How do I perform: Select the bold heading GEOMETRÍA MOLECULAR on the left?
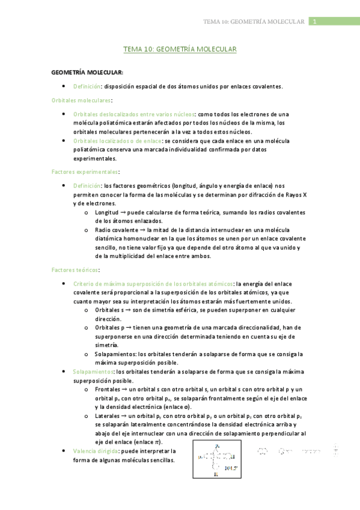87,72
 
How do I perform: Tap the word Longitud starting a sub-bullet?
106,212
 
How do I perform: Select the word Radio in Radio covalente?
103,230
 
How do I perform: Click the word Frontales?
108,389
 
